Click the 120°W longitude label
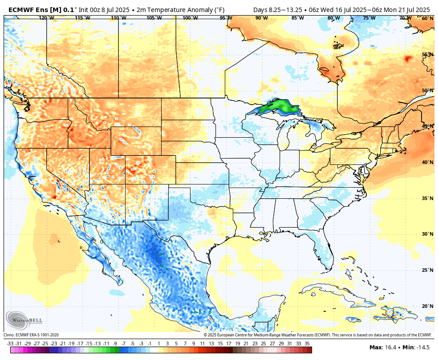pos(47,18)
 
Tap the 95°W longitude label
pos(226,18)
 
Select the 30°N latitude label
pos(427,234)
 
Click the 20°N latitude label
pos(427,306)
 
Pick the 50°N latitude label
pos(427,90)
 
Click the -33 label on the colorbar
pos(10,344)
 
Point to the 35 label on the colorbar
pos(307,344)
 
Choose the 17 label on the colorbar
pos(228,344)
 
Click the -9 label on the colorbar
pos(115,344)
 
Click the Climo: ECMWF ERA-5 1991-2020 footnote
pos(31,335)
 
